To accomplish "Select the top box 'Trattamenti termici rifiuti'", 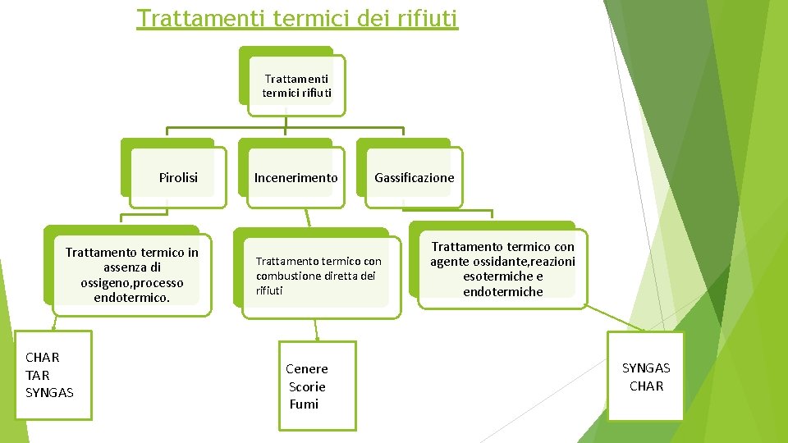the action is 297,85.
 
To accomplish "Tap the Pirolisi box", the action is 178,177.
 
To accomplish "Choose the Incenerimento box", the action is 295,177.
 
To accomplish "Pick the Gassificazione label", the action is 414,177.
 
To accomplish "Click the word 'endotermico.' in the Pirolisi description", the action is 131,298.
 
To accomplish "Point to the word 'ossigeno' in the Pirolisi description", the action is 104,283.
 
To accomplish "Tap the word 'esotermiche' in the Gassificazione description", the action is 492,276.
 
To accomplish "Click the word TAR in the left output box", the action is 38,375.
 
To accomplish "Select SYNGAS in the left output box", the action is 49,393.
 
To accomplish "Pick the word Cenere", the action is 306,369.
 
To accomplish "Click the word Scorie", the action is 307,386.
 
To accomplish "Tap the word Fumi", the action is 304,404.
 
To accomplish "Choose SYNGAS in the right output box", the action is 646,368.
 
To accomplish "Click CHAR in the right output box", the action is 646,386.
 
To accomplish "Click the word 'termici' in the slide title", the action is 313,17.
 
